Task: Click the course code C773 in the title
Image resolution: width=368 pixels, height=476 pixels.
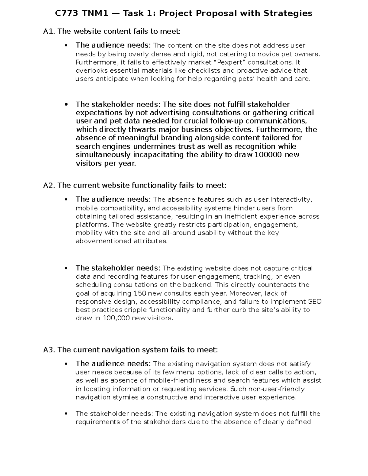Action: coord(66,13)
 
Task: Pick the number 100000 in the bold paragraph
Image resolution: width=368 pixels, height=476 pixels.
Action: coord(267,155)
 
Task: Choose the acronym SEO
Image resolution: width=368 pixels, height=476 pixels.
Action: coord(315,302)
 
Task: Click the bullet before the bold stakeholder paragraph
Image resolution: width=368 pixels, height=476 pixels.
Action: coord(66,105)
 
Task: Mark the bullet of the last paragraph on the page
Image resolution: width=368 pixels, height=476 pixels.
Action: coord(66,414)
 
